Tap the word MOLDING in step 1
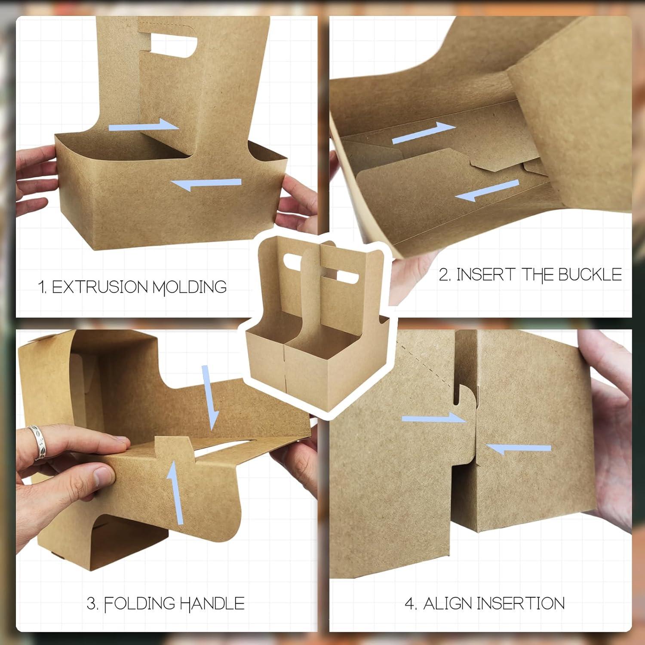pyautogui.click(x=190, y=287)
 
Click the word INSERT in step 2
pyautogui.click(x=485, y=275)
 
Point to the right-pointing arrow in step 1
pyautogui.click(x=144, y=126)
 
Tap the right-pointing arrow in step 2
pyautogui.click(x=424, y=132)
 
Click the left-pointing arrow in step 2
pyautogui.click(x=487, y=191)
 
